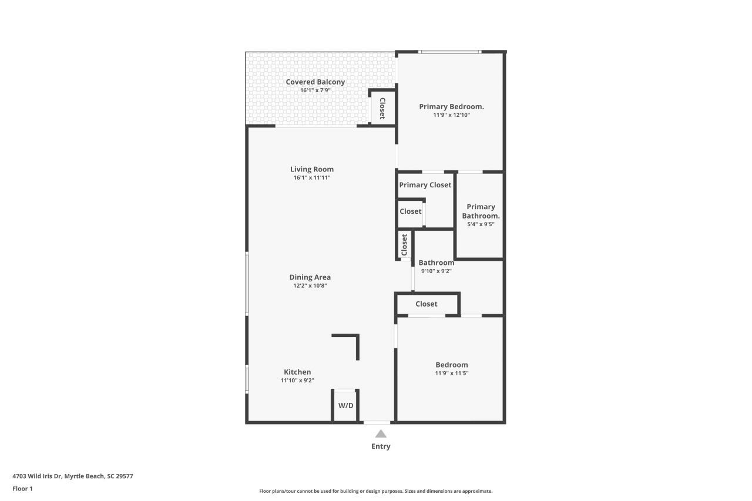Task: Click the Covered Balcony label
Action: click(x=315, y=82)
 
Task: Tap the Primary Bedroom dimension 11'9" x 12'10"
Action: click(x=451, y=115)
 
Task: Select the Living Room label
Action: click(x=311, y=169)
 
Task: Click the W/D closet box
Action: click(x=345, y=406)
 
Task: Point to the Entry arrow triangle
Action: click(x=381, y=433)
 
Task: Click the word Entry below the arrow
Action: click(x=381, y=446)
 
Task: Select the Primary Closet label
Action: click(x=425, y=185)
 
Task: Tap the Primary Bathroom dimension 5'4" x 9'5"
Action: click(x=481, y=224)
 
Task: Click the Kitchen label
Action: click(x=297, y=372)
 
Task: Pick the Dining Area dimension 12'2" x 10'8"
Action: click(x=310, y=285)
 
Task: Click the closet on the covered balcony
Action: click(x=382, y=108)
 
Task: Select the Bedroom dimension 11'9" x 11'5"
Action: click(x=451, y=373)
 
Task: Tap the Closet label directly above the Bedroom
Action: click(x=426, y=304)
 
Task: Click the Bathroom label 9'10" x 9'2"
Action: click(x=436, y=263)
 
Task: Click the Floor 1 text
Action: click(x=22, y=488)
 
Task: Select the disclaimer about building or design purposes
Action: click(x=376, y=491)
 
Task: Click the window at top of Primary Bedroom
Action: click(x=449, y=52)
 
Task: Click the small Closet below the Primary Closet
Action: click(x=410, y=211)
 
